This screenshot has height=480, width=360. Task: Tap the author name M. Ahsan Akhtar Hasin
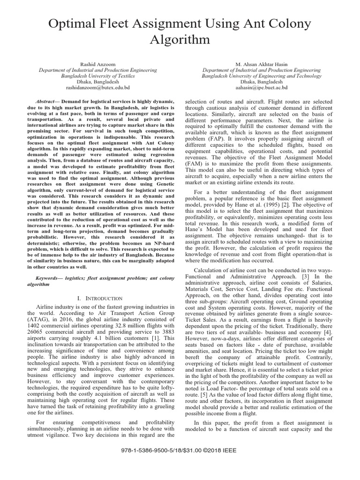pos(262,63)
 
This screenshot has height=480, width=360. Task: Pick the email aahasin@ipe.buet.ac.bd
pos(262,88)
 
